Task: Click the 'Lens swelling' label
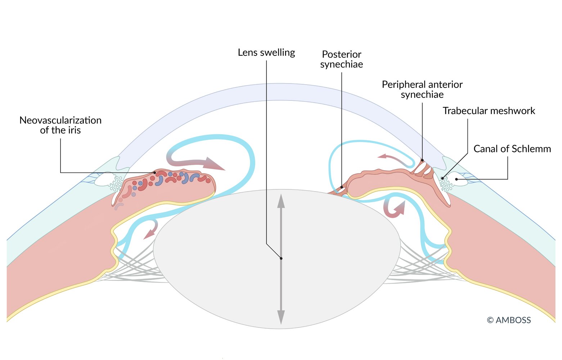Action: click(x=266, y=53)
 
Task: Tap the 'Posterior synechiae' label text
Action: click(x=341, y=59)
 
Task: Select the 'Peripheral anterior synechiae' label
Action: click(x=422, y=89)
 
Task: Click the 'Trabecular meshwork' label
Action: click(x=489, y=111)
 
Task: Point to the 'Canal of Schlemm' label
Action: click(x=512, y=149)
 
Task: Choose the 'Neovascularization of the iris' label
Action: click(x=60, y=125)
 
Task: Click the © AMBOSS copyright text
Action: click(x=509, y=320)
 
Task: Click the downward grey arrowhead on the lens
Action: click(x=281, y=317)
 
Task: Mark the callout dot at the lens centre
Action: click(x=281, y=258)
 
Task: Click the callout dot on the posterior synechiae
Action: click(x=341, y=187)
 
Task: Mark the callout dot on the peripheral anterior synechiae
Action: click(x=422, y=160)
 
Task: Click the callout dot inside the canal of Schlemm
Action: click(x=456, y=179)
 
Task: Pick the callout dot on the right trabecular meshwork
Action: click(x=442, y=178)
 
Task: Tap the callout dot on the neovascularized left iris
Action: click(x=155, y=172)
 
